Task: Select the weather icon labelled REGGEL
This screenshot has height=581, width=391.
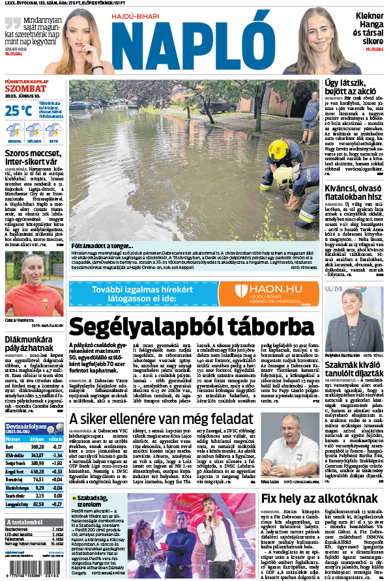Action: point(14,130)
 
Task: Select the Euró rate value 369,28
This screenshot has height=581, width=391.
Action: point(36,446)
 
